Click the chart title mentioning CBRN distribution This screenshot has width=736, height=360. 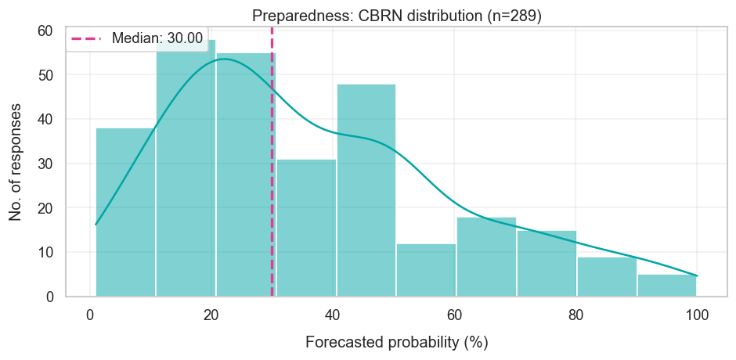pyautogui.click(x=397, y=15)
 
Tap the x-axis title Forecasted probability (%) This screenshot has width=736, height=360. pyautogui.click(x=397, y=343)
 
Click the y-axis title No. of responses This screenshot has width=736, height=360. pyautogui.click(x=16, y=164)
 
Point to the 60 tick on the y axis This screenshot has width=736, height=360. pyautogui.click(x=45, y=31)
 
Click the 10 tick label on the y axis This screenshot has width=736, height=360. pyautogui.click(x=45, y=253)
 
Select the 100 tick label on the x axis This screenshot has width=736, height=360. pyautogui.click(x=697, y=315)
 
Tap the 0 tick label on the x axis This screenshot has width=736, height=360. pyautogui.click(x=90, y=315)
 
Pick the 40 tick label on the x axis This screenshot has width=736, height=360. pyautogui.click(x=333, y=315)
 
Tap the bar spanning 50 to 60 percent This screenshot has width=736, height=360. pyautogui.click(x=427, y=270)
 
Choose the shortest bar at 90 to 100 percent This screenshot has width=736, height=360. pyautogui.click(x=667, y=286)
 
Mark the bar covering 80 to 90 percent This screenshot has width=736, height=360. pyautogui.click(x=607, y=277)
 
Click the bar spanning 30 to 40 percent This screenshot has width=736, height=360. pyautogui.click(x=306, y=228)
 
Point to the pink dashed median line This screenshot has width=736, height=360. pyautogui.click(x=272, y=196)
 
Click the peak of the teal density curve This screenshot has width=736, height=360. pyautogui.click(x=224, y=59)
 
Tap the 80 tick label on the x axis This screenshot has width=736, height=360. pyautogui.click(x=575, y=315)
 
